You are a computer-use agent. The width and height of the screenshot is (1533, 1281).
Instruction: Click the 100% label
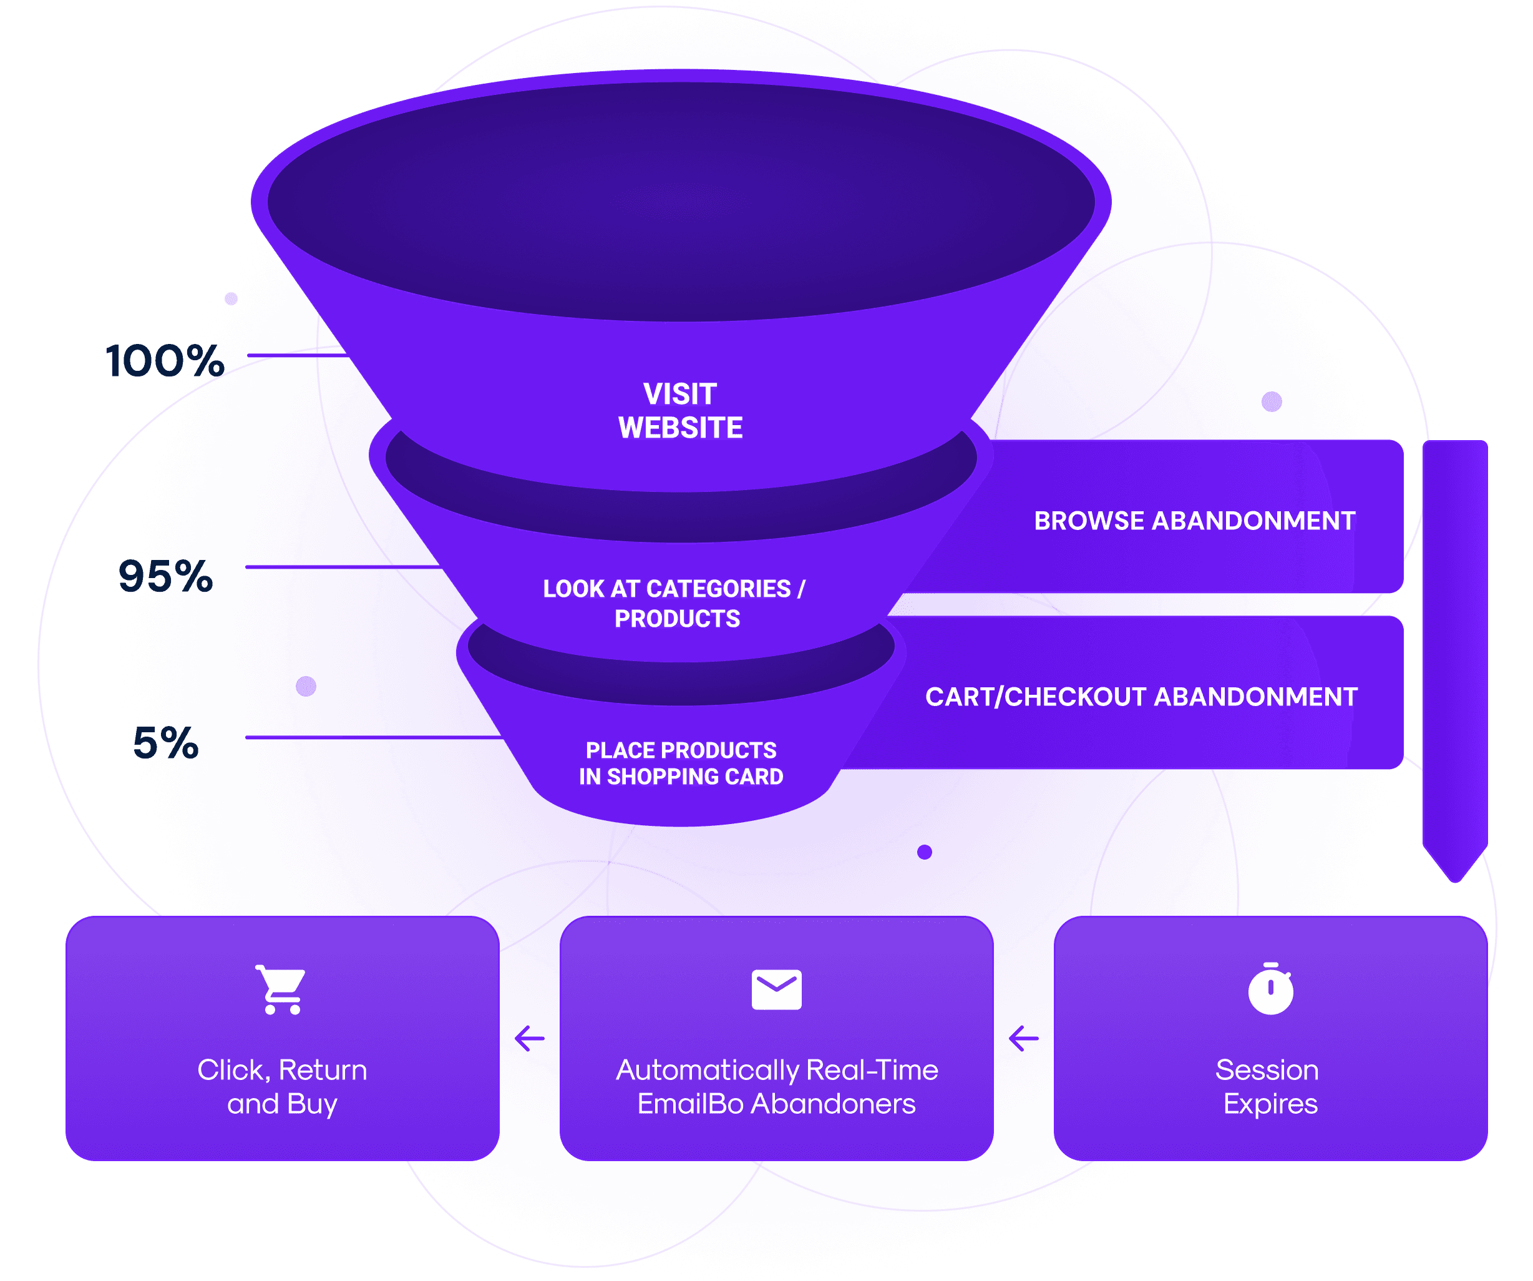click(165, 361)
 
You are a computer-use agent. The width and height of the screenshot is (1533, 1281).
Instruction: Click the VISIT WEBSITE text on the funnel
click(680, 410)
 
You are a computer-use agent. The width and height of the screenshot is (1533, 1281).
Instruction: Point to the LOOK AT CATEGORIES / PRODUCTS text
click(674, 603)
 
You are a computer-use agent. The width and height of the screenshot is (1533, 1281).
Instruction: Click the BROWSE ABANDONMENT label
click(1194, 521)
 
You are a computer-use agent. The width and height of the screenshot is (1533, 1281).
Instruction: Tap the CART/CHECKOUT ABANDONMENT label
click(1141, 697)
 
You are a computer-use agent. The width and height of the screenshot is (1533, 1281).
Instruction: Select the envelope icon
click(777, 989)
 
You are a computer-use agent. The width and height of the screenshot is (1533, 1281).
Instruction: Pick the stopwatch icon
click(1270, 989)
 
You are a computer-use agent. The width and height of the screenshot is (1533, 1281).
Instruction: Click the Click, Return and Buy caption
click(283, 1087)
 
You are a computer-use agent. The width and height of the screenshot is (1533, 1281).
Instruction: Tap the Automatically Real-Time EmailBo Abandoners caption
click(777, 1087)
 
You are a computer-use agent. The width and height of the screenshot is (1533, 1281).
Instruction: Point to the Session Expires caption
click(1270, 1087)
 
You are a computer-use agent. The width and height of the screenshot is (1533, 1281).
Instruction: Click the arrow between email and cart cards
click(530, 1038)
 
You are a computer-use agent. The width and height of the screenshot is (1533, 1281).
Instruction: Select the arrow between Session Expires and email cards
click(1023, 1038)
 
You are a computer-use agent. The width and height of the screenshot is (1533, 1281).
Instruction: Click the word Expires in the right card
click(1270, 1104)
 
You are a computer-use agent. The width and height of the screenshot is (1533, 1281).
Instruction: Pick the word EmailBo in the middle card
click(691, 1104)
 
